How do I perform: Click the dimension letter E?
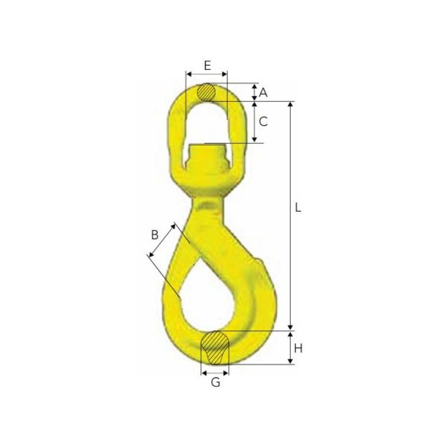(x=208, y=66)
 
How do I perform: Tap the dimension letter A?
(x=263, y=92)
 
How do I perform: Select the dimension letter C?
(x=263, y=122)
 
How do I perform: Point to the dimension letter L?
(x=298, y=207)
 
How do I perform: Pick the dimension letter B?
(x=155, y=235)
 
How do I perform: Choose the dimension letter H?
(x=298, y=348)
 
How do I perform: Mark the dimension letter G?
(x=216, y=382)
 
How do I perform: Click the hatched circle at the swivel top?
(x=206, y=92)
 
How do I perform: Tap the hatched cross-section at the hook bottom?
(x=215, y=347)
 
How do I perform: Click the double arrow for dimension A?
(x=255, y=92)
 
